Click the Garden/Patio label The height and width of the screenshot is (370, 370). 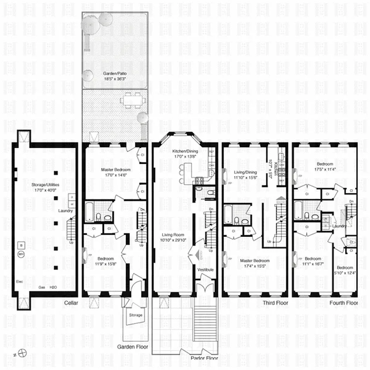pyautogui.click(x=114, y=73)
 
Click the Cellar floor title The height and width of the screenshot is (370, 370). pyautogui.click(x=72, y=303)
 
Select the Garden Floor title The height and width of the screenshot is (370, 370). pyautogui.click(x=132, y=345)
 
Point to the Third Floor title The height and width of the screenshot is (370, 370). pyautogui.click(x=275, y=303)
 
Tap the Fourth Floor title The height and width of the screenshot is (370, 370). pyautogui.click(x=344, y=303)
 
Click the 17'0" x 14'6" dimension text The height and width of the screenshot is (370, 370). pyautogui.click(x=116, y=175)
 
